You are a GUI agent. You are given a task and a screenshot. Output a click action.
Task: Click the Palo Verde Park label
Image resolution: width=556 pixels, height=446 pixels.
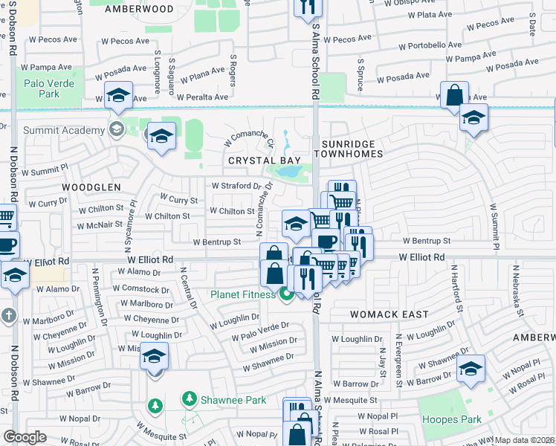click(49, 89)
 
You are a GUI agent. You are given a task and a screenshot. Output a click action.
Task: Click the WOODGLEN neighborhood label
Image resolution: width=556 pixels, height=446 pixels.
click(91, 187)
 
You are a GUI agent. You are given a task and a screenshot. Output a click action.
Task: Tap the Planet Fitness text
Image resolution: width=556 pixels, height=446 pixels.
click(242, 294)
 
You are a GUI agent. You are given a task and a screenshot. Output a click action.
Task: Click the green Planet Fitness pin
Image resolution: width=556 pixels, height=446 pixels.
click(285, 295)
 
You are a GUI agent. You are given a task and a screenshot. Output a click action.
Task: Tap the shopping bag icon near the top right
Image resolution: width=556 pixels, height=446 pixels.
click(453, 96)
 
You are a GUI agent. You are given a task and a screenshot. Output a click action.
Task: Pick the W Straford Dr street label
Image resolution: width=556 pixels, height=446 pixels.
click(237, 186)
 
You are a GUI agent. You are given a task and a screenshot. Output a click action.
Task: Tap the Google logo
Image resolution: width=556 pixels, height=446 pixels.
click(25, 437)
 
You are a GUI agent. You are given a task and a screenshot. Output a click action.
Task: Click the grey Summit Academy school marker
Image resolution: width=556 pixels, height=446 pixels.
click(115, 130)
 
